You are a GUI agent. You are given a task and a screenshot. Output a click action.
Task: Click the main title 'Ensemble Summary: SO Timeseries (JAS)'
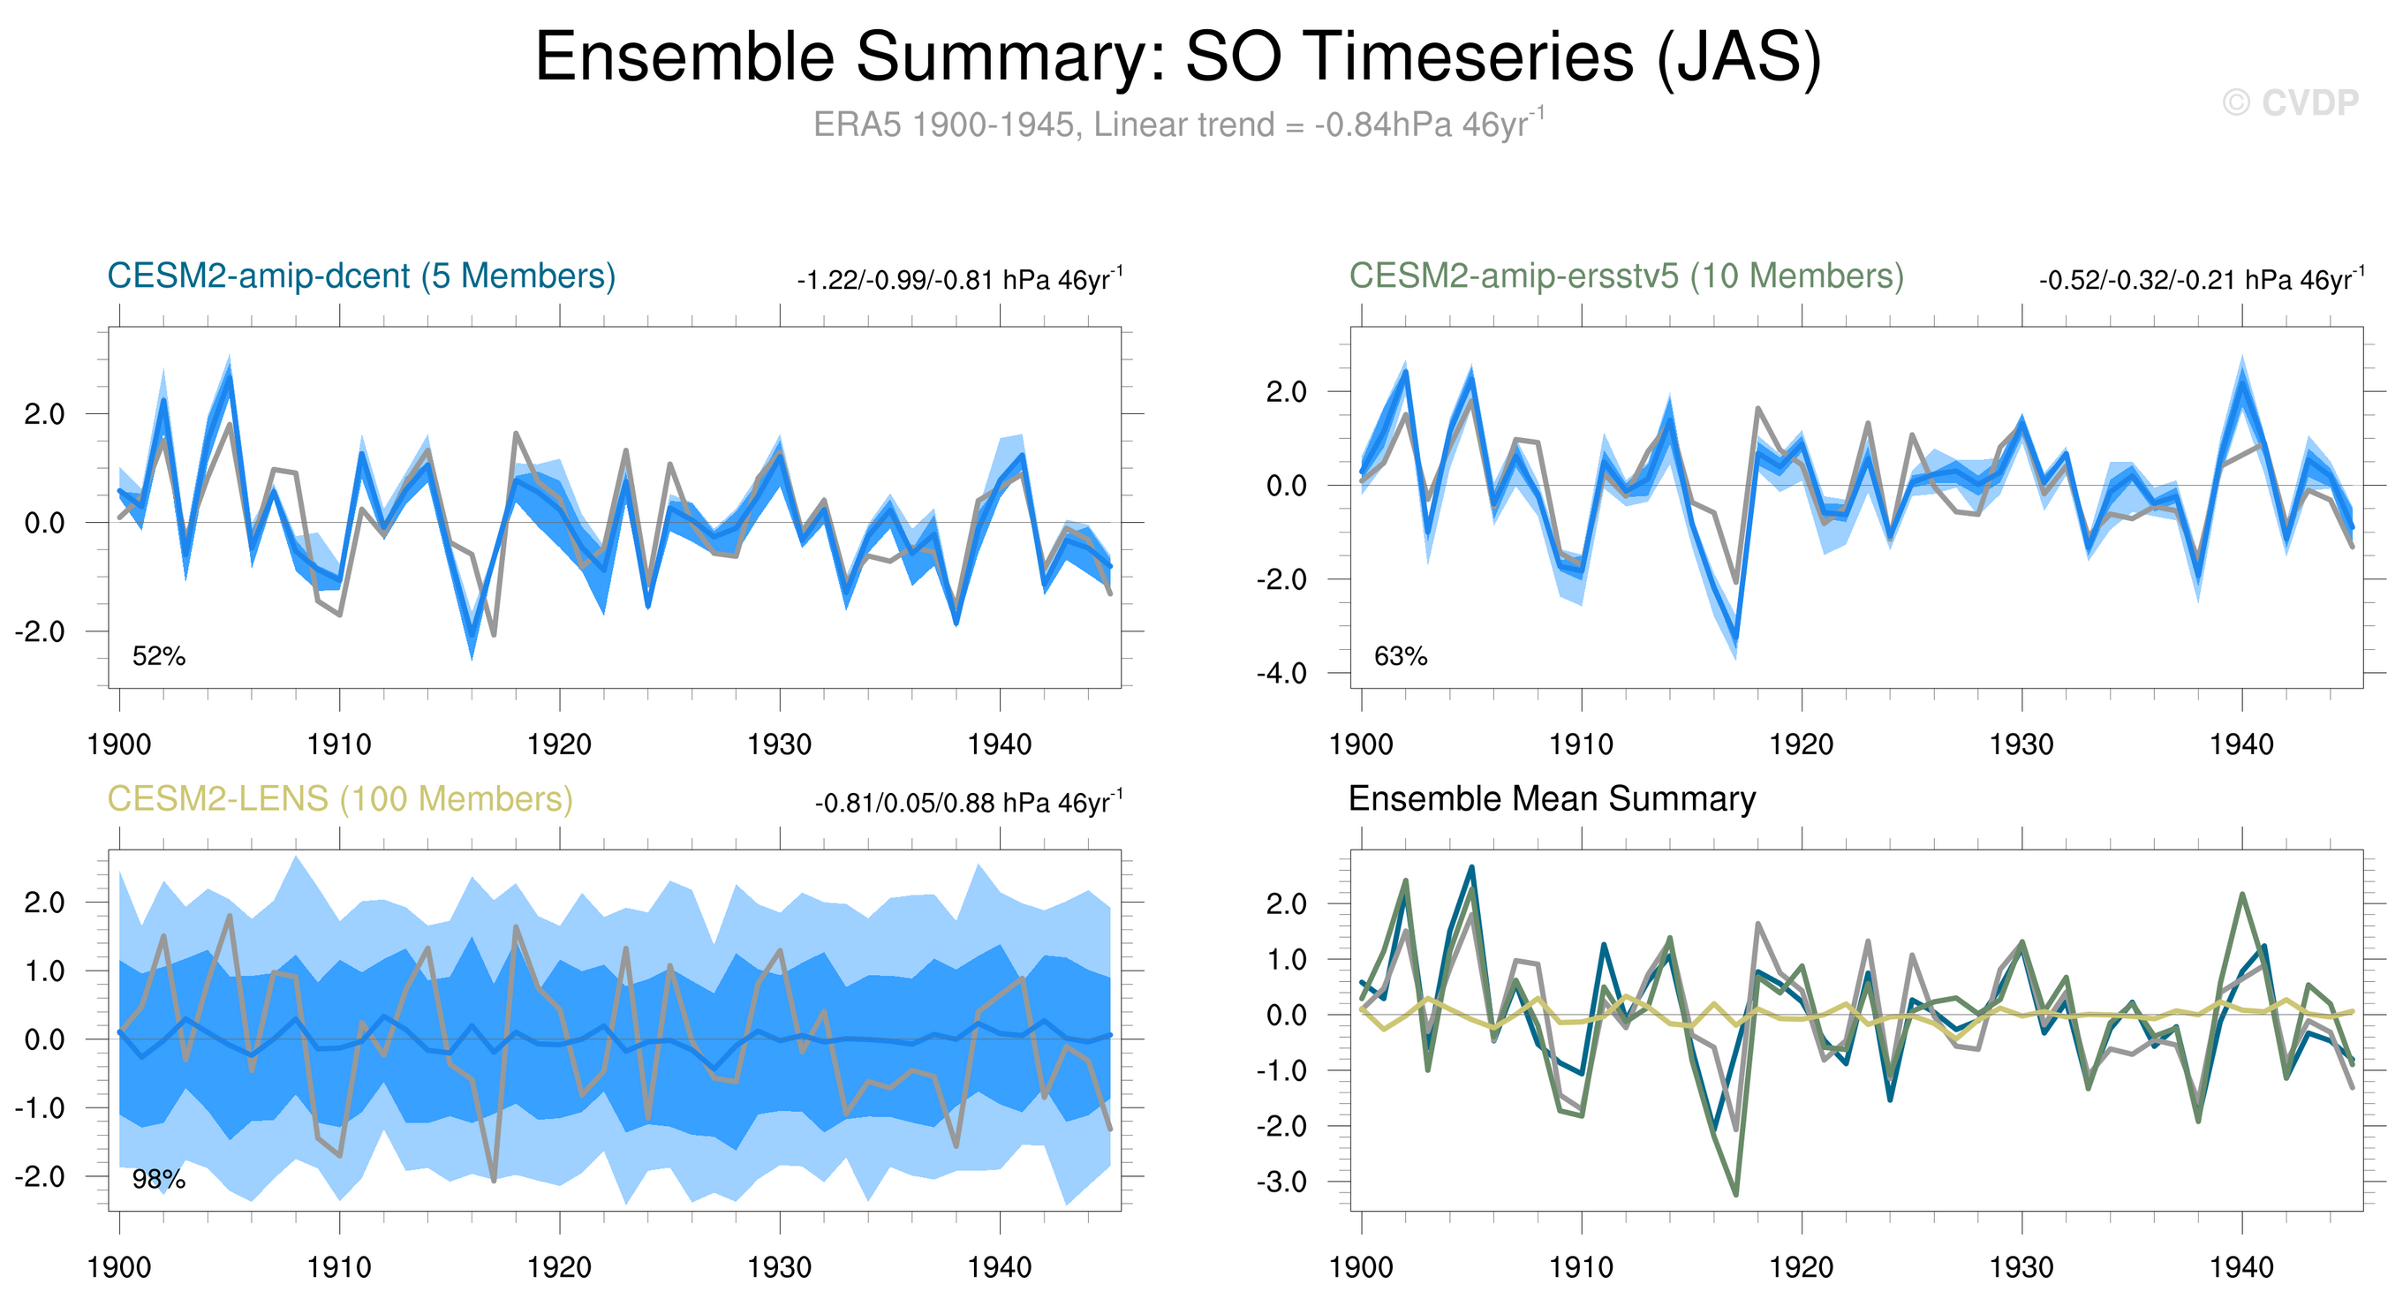pyautogui.click(x=1177, y=57)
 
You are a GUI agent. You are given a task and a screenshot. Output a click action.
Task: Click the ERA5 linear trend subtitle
pyautogui.click(x=1177, y=124)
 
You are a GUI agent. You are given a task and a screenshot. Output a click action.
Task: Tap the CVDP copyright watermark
pyautogui.click(x=2290, y=102)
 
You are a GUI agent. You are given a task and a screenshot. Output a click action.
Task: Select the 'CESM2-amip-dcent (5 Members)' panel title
pyautogui.click(x=361, y=276)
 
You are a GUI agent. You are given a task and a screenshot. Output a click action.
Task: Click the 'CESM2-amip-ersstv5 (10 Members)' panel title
pyautogui.click(x=1626, y=276)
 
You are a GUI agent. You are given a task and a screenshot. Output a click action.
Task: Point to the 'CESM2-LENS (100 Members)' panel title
pyautogui.click(x=339, y=799)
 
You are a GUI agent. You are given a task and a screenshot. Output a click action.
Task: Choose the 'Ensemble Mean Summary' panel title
pyautogui.click(x=1552, y=799)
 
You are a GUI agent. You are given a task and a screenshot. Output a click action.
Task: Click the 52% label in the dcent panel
pyautogui.click(x=159, y=657)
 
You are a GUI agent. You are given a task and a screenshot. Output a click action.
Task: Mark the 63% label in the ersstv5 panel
pyautogui.click(x=1400, y=657)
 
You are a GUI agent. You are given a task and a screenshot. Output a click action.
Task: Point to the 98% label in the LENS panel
pyautogui.click(x=159, y=1180)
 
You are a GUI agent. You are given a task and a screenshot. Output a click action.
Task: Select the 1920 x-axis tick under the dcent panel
pyautogui.click(x=559, y=744)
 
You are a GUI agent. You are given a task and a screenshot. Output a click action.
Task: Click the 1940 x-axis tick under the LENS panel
pyautogui.click(x=999, y=1268)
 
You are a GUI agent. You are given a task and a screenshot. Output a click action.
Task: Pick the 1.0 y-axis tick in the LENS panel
pyautogui.click(x=44, y=971)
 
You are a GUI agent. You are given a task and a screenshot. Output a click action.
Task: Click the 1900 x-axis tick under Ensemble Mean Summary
pyautogui.click(x=1360, y=1268)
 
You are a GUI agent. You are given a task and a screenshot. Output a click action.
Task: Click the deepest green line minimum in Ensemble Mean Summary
pyautogui.click(x=1736, y=1193)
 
